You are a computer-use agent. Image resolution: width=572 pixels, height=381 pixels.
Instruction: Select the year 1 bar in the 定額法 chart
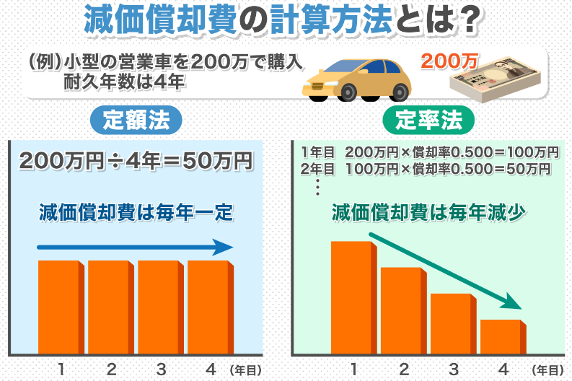click(61, 306)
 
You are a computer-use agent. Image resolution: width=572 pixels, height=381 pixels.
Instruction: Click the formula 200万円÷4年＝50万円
click(137, 161)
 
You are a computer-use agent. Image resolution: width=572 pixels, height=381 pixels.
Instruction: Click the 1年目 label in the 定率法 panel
click(317, 152)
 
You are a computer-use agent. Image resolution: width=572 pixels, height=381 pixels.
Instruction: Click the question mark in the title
click(470, 20)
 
